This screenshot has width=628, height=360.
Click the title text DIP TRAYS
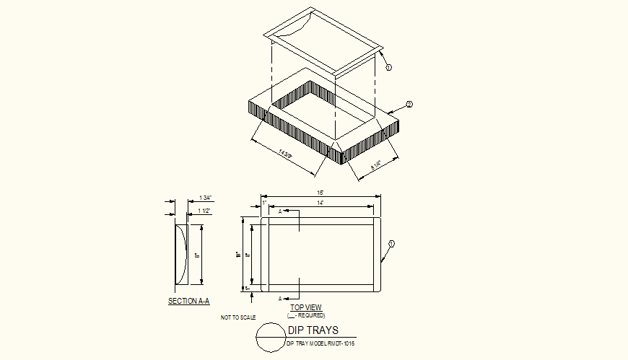coord(313,330)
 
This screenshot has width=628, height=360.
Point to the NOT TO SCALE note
coord(238,317)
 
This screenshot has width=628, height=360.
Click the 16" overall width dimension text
coord(320,193)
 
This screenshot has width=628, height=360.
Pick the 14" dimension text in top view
coord(320,204)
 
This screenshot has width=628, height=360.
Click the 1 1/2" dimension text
coord(204,211)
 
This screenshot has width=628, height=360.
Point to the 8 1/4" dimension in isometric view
coord(375,165)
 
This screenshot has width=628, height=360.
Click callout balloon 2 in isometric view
coord(409,105)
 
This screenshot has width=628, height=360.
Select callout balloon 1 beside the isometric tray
coord(388,67)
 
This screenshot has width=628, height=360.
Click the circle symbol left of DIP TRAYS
coord(271,336)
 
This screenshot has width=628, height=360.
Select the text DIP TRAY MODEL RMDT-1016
coord(320,343)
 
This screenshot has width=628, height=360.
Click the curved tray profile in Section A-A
coord(181,255)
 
